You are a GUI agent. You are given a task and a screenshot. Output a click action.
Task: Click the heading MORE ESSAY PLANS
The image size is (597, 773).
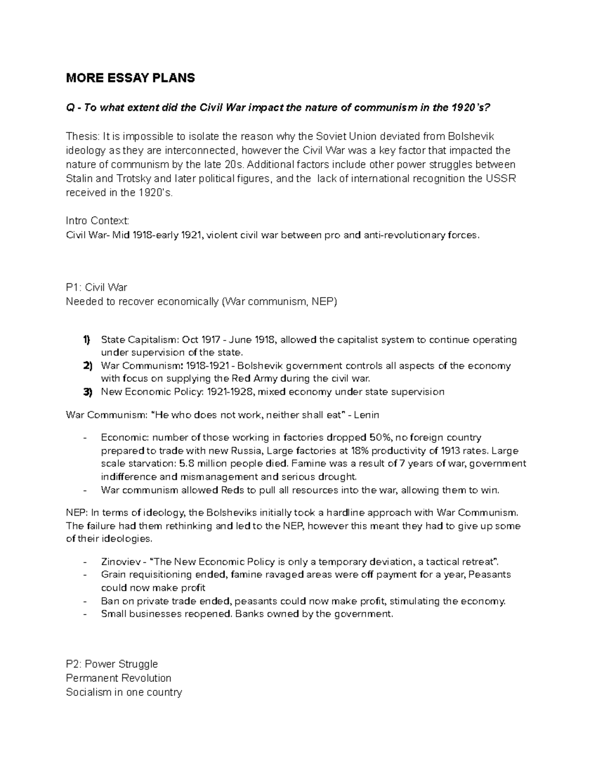[x=130, y=78]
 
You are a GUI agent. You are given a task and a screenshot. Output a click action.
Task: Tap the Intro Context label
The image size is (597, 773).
[x=98, y=221]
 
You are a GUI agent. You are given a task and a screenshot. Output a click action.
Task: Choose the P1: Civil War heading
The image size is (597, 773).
[x=97, y=288]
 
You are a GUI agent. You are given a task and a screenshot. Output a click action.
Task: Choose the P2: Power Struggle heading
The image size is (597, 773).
[x=112, y=664]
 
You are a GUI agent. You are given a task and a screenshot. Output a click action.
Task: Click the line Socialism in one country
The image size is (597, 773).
[x=124, y=692]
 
